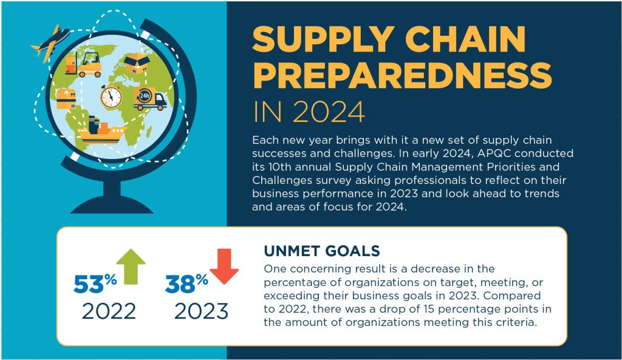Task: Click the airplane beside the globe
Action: pyautogui.click(x=47, y=42)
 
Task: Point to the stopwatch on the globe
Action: pyautogui.click(x=111, y=95)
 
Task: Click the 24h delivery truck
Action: pyautogui.click(x=149, y=100)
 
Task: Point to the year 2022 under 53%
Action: pyautogui.click(x=109, y=311)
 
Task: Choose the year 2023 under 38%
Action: pyautogui.click(x=201, y=311)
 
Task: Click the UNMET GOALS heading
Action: pyautogui.click(x=322, y=251)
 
